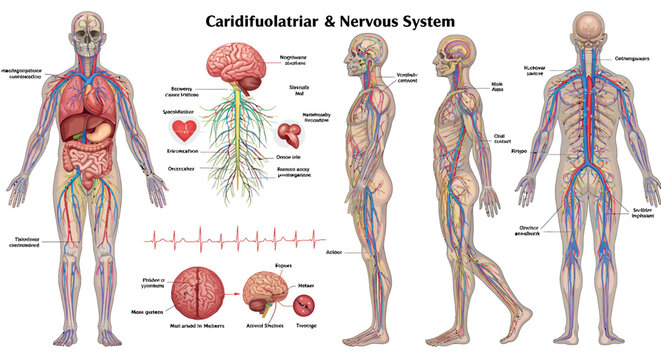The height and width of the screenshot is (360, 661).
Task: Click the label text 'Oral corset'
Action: pos(502,139)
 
